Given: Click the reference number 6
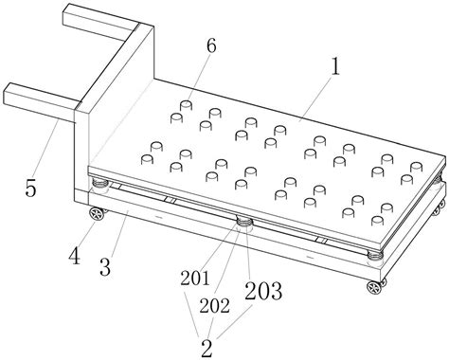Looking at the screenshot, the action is (x=211, y=46).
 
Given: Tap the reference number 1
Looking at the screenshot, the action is (x=335, y=67).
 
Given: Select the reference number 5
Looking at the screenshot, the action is (x=31, y=189).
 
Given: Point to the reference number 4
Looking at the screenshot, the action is (x=75, y=256).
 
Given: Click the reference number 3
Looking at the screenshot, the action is (x=105, y=267).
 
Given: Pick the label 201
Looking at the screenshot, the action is (x=195, y=279).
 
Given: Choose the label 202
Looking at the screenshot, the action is (x=215, y=305).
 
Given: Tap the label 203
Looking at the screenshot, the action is (x=263, y=291).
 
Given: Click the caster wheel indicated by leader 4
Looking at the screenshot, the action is (x=96, y=213).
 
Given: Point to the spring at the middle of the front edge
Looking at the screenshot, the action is (x=244, y=221).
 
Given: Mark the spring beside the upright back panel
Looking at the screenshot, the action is (x=99, y=183).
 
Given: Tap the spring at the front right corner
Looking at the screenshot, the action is (x=375, y=255).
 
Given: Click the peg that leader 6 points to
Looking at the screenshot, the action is (x=186, y=105).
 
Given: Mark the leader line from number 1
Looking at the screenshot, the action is (x=315, y=99).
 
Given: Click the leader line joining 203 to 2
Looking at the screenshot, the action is (x=234, y=321).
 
